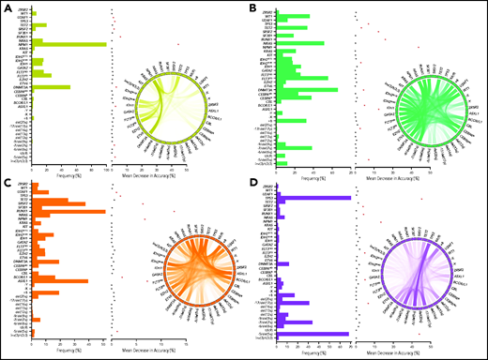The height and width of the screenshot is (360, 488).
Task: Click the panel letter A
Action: pos(8,7)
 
